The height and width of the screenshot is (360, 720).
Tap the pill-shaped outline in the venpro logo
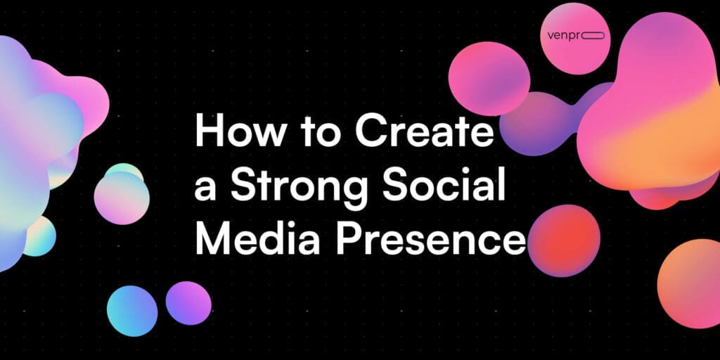pos(597,36)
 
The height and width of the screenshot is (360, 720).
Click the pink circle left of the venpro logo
pos(489,78)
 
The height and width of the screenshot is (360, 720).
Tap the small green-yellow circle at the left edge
pos(39,236)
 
